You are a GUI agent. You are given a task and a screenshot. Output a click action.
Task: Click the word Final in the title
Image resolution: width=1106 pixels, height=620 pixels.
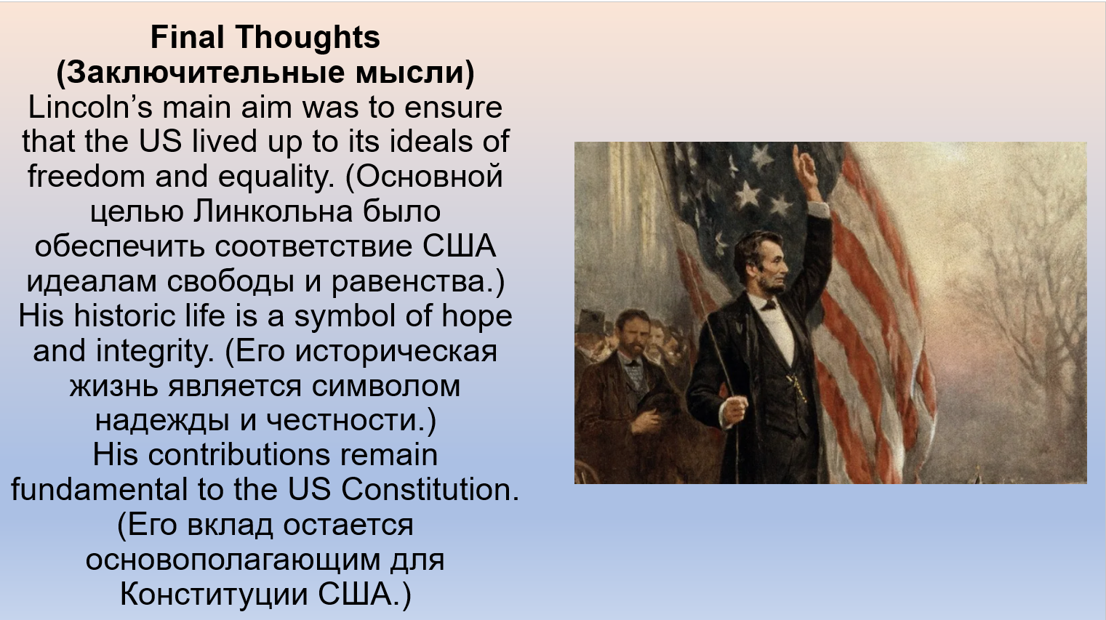[187, 37]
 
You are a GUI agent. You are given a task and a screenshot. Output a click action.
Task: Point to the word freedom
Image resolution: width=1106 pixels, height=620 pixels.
[86, 176]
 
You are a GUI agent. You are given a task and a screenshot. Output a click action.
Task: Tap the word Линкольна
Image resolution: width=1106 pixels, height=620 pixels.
[273, 212]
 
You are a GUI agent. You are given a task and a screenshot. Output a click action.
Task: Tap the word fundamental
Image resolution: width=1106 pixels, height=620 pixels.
[99, 489]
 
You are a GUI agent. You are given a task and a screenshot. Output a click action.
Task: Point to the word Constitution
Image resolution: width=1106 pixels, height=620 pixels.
[430, 489]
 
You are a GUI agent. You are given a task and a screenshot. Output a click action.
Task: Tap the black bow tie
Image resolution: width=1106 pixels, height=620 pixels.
[769, 305]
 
